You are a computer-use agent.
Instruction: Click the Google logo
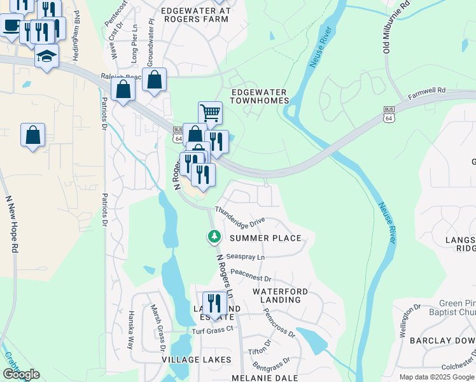(20, 374)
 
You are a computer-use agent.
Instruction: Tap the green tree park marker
(214, 237)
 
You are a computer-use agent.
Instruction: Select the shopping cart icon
(210, 113)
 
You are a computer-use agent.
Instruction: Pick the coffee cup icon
(11, 26)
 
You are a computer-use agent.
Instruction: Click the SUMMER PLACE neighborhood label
(265, 238)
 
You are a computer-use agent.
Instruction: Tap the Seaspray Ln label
(245, 257)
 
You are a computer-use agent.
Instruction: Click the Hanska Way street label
(129, 330)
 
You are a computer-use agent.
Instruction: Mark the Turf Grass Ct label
(213, 332)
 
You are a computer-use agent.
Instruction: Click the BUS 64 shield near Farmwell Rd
(389, 115)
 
